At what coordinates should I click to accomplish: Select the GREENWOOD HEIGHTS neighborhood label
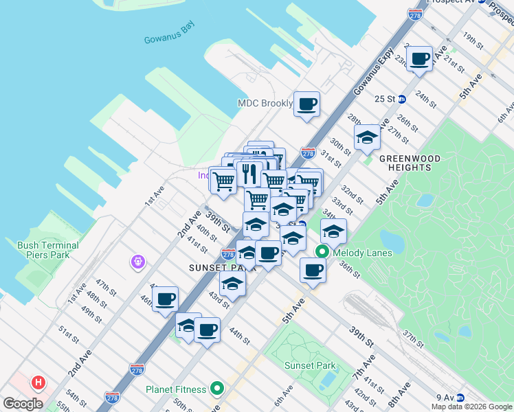(x=410, y=163)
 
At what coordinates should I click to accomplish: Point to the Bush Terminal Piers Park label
(x=47, y=250)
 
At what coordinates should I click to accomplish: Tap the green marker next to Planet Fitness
(x=217, y=389)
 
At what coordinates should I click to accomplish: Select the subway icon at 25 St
(x=411, y=98)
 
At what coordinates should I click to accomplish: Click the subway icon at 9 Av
(x=460, y=397)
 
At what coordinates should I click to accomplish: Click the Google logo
(x=23, y=404)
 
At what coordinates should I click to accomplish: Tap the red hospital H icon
(x=39, y=382)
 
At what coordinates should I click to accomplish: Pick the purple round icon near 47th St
(x=138, y=262)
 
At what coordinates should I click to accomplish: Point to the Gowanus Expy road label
(x=374, y=71)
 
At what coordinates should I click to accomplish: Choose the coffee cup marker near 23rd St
(x=420, y=59)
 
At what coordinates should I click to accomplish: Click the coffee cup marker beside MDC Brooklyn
(x=307, y=104)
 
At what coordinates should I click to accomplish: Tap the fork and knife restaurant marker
(x=249, y=172)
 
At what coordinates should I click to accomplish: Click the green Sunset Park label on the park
(x=311, y=366)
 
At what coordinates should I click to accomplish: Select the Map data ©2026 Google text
(x=472, y=407)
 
